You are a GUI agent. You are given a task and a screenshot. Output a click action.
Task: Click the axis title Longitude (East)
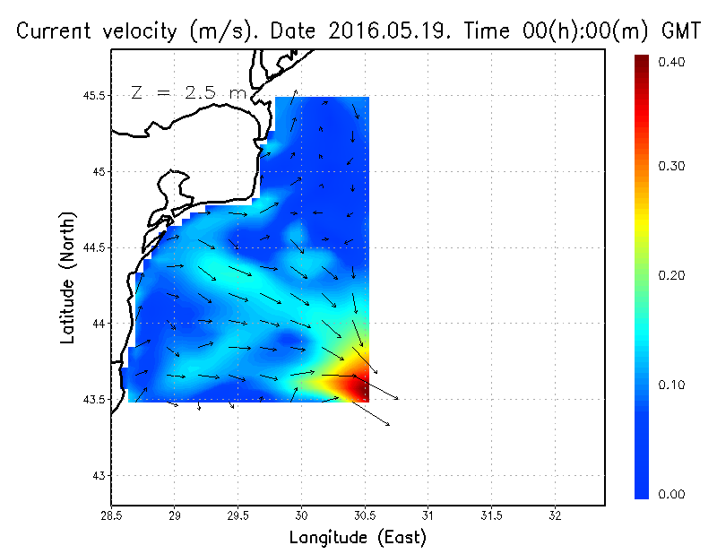[x=358, y=538]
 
